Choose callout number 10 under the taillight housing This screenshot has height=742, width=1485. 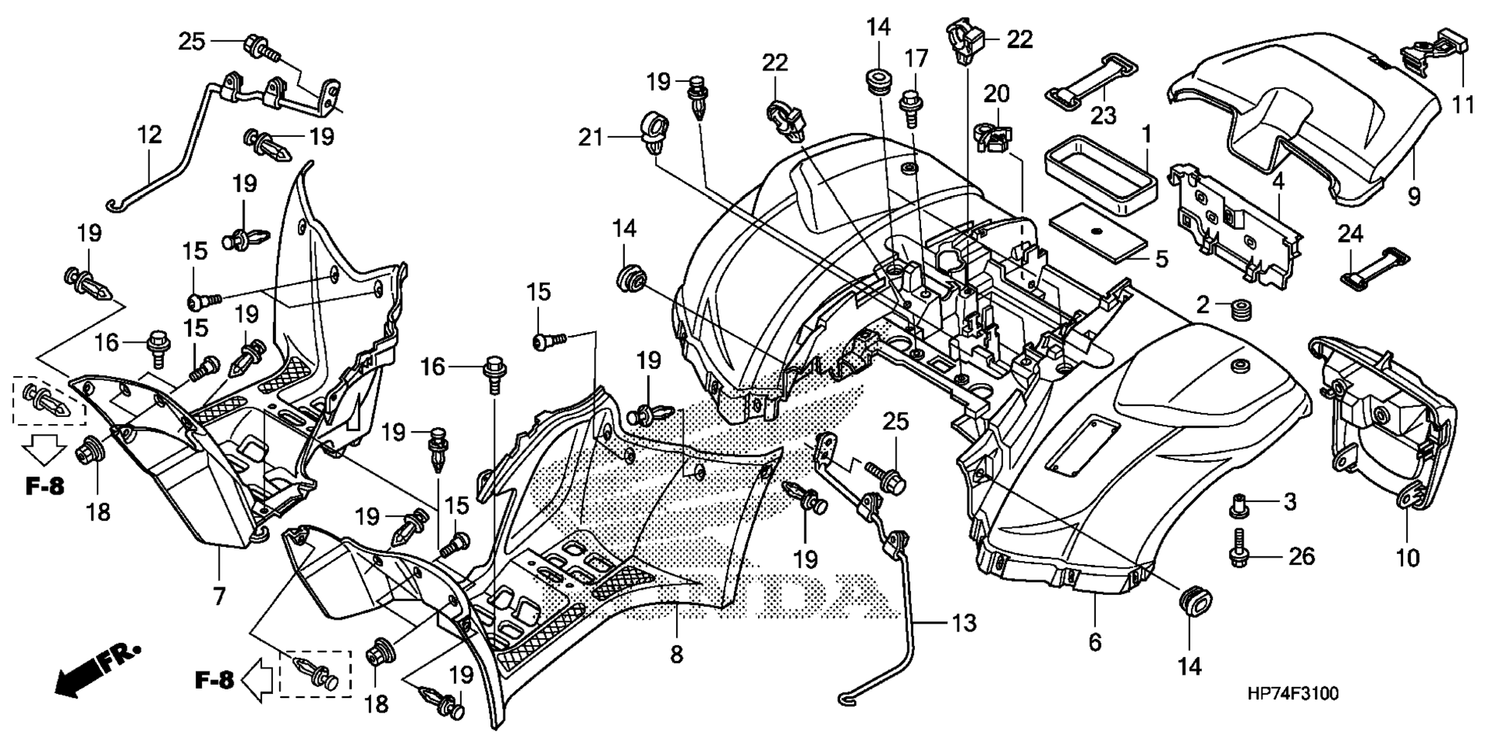click(1408, 557)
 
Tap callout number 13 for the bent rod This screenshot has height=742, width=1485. click(964, 622)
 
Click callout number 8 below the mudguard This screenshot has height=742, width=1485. click(676, 655)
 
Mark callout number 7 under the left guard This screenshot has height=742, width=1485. click(219, 596)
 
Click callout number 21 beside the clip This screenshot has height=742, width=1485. click(590, 138)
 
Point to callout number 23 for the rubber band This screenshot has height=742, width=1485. click(1104, 116)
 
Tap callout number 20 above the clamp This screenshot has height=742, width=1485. click(996, 94)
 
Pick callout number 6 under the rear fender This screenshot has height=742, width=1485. click(1094, 641)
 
